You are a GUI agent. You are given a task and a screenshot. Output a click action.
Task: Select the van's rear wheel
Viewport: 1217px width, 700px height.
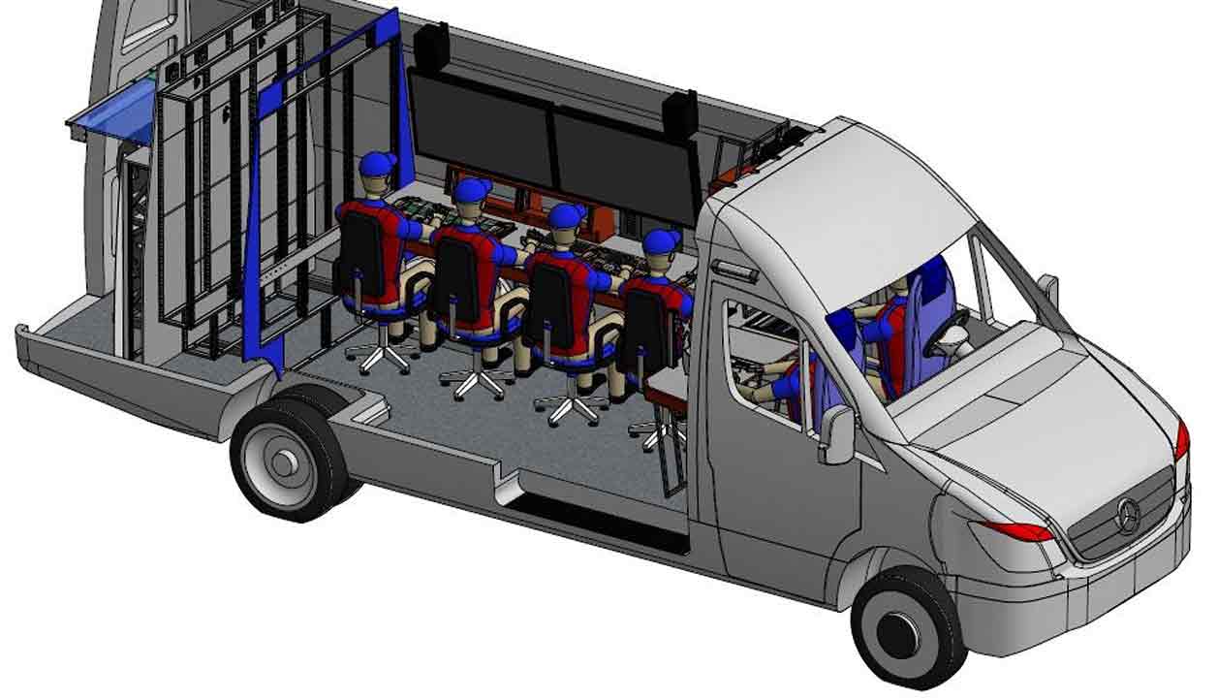point(288,460)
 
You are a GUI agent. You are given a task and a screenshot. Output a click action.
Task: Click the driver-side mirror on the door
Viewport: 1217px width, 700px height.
point(836,434)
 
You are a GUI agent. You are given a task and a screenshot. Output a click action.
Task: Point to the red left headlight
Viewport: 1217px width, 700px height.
point(1017,530)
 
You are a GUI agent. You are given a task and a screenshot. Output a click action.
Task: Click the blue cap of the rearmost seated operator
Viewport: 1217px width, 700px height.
point(377,164)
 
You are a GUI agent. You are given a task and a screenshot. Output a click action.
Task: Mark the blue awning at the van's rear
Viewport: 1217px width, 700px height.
point(111,111)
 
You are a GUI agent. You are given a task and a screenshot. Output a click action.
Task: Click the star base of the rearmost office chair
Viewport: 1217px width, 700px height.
point(379,358)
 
